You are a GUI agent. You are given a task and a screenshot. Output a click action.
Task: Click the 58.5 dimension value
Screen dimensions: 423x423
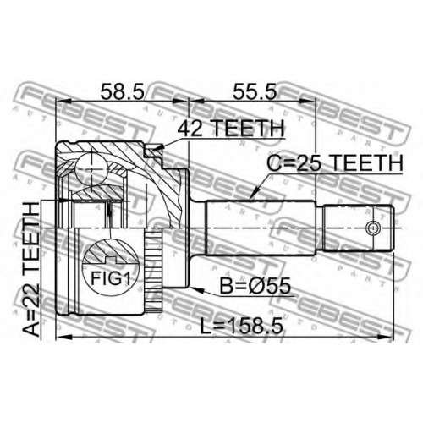(x=123, y=91)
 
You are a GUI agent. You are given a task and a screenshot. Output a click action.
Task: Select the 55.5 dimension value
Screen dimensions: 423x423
(x=255, y=91)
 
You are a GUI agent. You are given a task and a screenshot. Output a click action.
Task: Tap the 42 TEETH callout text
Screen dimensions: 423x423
(x=231, y=128)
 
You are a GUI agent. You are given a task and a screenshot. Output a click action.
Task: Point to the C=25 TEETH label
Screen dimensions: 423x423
(x=335, y=163)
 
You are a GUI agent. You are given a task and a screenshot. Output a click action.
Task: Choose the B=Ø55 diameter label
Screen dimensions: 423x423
(x=255, y=286)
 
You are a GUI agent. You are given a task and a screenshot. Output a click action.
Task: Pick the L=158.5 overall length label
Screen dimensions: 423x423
(x=241, y=326)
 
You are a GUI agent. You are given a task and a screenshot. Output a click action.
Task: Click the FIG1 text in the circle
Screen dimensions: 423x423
(x=111, y=278)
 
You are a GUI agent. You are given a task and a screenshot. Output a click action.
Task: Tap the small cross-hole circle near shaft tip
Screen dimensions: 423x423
(x=372, y=228)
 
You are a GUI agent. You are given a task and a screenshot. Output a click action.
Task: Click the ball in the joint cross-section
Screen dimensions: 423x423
(x=91, y=169)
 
